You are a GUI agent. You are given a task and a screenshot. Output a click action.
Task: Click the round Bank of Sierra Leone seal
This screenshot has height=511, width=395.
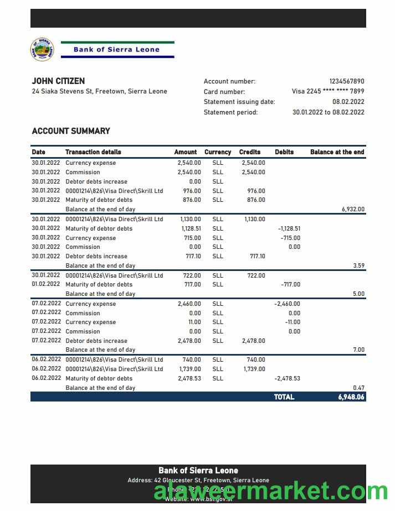(x=42, y=49)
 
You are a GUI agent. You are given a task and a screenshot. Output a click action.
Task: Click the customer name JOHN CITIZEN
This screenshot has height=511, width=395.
(x=58, y=81)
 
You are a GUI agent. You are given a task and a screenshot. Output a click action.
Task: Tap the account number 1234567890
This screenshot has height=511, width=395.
(x=347, y=81)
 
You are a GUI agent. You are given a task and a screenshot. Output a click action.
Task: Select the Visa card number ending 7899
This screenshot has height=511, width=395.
(x=328, y=92)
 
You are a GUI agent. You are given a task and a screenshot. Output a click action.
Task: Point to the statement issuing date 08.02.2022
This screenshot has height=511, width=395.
(x=348, y=102)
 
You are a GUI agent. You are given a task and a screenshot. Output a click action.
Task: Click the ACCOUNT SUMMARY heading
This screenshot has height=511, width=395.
(x=71, y=131)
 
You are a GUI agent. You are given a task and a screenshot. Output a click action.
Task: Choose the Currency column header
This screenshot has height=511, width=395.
(x=218, y=152)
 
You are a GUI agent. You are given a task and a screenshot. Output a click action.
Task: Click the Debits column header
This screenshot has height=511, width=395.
(x=284, y=152)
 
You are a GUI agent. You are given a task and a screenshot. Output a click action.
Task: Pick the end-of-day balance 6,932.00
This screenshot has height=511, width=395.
(x=353, y=210)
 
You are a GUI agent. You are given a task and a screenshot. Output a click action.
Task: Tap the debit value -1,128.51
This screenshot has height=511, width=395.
(x=289, y=228)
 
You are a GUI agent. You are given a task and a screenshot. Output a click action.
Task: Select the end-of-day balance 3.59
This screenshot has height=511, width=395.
(x=358, y=266)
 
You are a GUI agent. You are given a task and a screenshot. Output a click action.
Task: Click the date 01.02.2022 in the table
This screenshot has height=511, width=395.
(x=46, y=284)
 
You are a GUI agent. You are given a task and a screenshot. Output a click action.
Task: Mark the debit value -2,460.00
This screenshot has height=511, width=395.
(x=287, y=304)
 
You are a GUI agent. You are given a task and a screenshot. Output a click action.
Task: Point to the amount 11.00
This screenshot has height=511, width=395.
(x=194, y=322)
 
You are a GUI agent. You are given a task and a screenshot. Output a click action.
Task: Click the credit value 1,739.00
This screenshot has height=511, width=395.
(x=254, y=369)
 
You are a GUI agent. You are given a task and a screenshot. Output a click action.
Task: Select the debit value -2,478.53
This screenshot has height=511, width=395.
(x=287, y=378)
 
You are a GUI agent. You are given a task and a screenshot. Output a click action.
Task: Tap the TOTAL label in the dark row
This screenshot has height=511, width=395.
(x=284, y=397)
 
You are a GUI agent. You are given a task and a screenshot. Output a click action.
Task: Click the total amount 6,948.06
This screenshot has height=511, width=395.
(x=351, y=397)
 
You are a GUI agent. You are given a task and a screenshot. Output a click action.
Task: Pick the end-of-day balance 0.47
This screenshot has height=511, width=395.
(x=358, y=388)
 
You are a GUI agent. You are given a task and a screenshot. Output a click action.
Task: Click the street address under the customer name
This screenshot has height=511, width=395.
(x=100, y=92)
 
